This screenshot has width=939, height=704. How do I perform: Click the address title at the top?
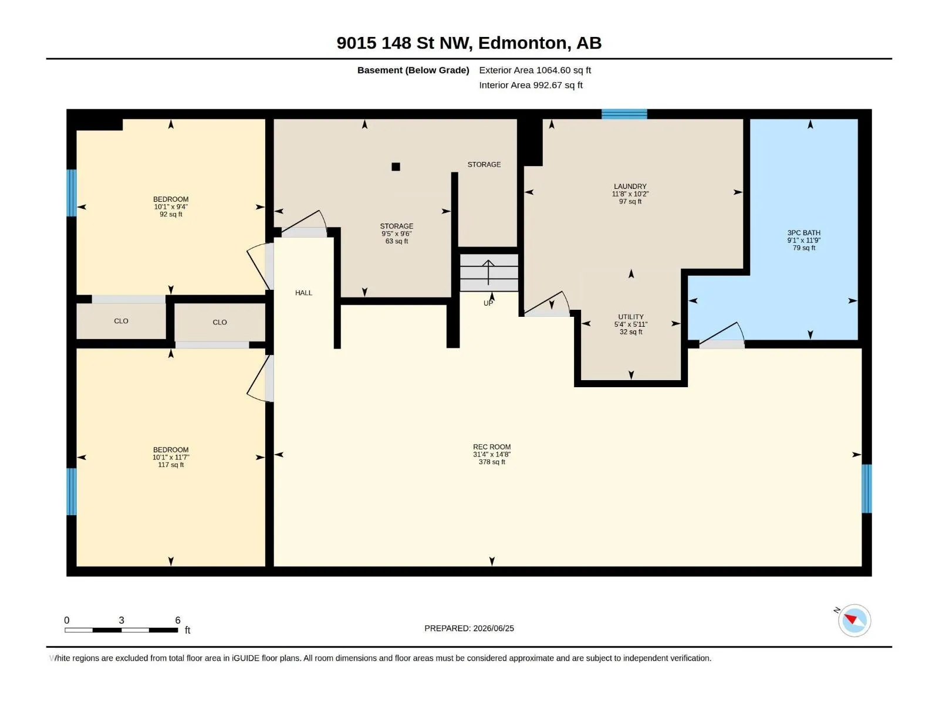pyautogui.click(x=469, y=43)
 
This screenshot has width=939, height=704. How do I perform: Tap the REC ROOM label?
pyautogui.click(x=492, y=446)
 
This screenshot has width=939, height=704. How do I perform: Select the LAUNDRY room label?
pyautogui.click(x=630, y=187)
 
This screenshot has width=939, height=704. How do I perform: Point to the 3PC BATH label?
pyautogui.click(x=803, y=233)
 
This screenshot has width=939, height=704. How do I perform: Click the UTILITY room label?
pyautogui.click(x=630, y=317)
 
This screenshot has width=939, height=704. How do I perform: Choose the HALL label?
pyautogui.click(x=303, y=293)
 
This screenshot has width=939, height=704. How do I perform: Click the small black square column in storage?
pyautogui.click(x=396, y=167)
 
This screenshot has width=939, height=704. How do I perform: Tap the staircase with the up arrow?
pyautogui.click(x=488, y=273)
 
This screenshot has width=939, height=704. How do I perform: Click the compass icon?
pyautogui.click(x=854, y=620)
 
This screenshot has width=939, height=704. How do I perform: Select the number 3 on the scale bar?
pyautogui.click(x=121, y=620)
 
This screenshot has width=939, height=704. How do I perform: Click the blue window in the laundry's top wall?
pyautogui.click(x=624, y=114)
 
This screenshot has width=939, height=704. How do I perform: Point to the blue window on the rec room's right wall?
pyautogui.click(x=866, y=489)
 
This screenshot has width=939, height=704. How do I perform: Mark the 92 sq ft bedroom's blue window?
pyautogui.click(x=72, y=193)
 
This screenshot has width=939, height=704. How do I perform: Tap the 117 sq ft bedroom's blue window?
pyautogui.click(x=72, y=492)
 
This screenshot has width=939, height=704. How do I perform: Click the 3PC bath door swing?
pyautogui.click(x=722, y=334)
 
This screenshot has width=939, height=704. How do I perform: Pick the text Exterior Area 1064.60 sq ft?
pyautogui.click(x=535, y=70)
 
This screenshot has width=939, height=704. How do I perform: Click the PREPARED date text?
pyautogui.click(x=469, y=628)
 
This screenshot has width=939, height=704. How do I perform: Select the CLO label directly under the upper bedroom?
pyautogui.click(x=121, y=321)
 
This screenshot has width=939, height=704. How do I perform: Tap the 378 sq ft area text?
pyautogui.click(x=492, y=462)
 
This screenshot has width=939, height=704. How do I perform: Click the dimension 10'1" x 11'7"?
pyautogui.click(x=171, y=458)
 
